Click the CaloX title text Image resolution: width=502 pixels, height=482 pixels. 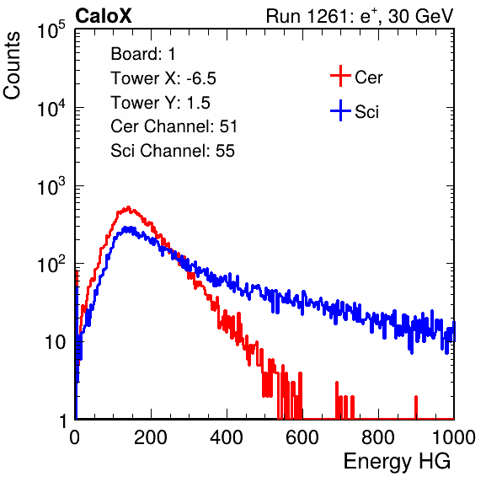pyautogui.click(x=104, y=16)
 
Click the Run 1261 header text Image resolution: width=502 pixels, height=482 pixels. pyautogui.click(x=360, y=16)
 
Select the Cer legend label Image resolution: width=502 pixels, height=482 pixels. pyautogui.click(x=368, y=78)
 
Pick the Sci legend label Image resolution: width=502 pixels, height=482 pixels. pyautogui.click(x=366, y=112)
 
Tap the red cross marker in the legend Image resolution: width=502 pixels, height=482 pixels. pyautogui.click(x=340, y=76)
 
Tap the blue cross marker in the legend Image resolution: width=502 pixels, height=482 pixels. pyautogui.click(x=340, y=110)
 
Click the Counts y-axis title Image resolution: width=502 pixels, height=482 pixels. pyautogui.click(x=12, y=66)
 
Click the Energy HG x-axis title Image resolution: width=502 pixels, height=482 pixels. pyautogui.click(x=397, y=462)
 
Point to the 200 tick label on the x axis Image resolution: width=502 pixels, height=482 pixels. pyautogui.click(x=151, y=437)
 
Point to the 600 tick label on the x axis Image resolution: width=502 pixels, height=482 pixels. pyautogui.click(x=302, y=437)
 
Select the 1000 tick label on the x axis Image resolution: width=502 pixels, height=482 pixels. pyautogui.click(x=454, y=437)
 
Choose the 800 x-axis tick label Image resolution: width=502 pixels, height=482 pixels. pyautogui.click(x=378, y=437)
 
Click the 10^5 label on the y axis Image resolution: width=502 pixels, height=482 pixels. pyautogui.click(x=52, y=30)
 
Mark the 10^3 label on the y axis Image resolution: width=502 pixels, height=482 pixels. pyautogui.click(x=52, y=186)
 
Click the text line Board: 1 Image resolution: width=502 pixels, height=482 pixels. pyautogui.click(x=143, y=54)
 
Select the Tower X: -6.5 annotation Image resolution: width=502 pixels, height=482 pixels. pyautogui.click(x=163, y=78)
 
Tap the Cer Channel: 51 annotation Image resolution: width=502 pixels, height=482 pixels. pyautogui.click(x=174, y=126)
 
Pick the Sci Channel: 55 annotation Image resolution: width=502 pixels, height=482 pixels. pyautogui.click(x=173, y=151)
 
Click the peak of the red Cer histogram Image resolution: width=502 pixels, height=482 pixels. pyautogui.click(x=128, y=207)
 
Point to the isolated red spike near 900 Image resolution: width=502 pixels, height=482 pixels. pyautogui.click(x=416, y=407)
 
